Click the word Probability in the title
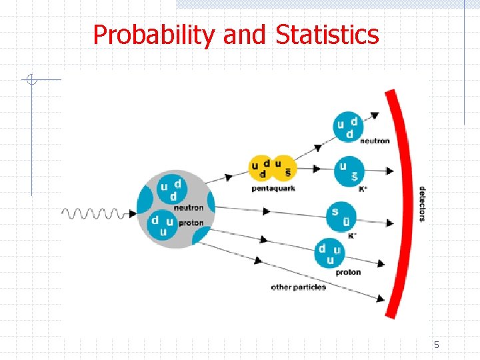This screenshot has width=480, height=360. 155,35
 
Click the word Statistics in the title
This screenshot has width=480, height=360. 327,35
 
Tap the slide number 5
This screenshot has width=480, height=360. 437,345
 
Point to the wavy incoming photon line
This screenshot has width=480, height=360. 94,213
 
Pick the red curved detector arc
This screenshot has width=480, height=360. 405,200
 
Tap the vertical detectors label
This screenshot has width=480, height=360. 422,203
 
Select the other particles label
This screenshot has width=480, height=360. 298,287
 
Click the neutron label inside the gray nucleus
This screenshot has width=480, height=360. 189,207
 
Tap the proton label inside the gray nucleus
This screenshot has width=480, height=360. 191,223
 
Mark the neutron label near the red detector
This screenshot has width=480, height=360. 375,141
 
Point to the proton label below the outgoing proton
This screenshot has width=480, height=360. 348,272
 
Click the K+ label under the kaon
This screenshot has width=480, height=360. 363,189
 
